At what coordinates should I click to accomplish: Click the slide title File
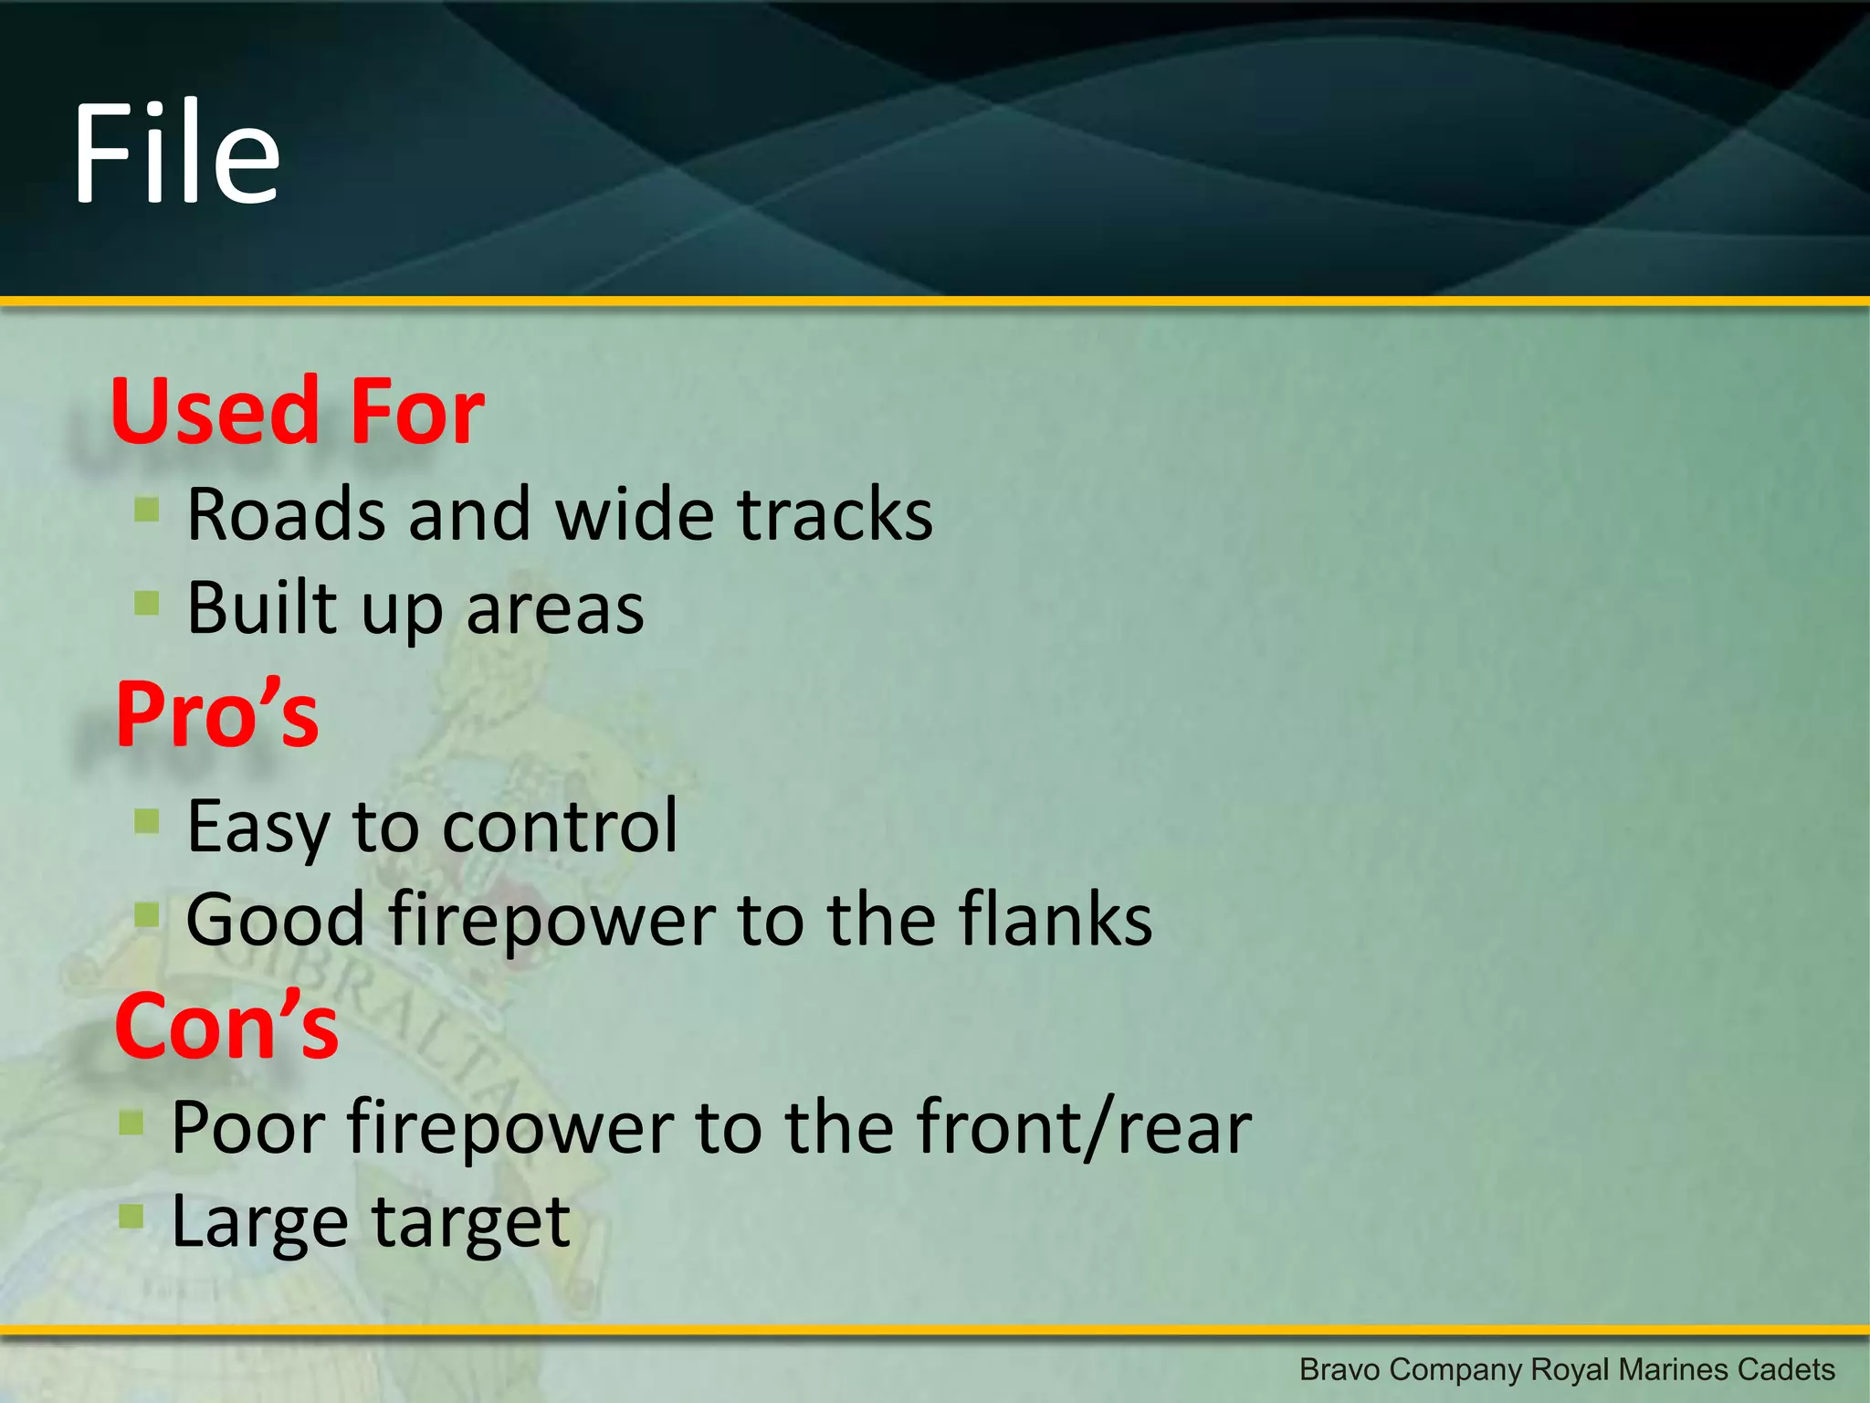176,153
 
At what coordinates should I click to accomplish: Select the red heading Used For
297,412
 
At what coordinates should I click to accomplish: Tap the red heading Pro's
217,715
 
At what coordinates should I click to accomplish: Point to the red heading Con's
226,1028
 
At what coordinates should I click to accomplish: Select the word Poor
247,1129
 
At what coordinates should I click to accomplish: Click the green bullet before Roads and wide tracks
146,509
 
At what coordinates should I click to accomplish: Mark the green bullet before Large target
131,1216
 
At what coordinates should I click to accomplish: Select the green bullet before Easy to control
146,820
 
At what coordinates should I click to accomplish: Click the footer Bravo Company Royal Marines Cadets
1566,1370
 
